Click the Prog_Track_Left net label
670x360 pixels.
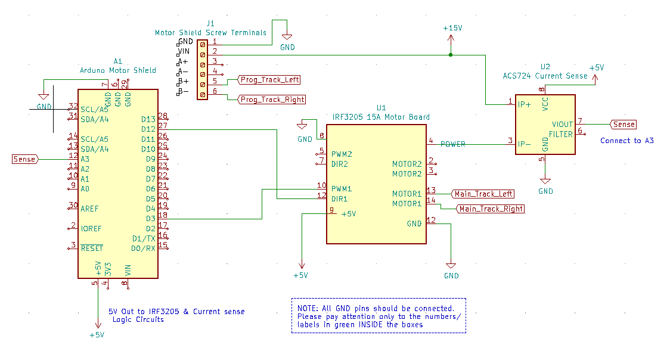click(269, 80)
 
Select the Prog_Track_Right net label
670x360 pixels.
click(272, 100)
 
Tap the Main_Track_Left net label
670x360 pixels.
click(483, 194)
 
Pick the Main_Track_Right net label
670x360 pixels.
click(491, 209)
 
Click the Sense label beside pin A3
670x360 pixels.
click(24, 159)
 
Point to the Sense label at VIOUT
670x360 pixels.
click(624, 124)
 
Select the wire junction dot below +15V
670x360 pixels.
click(451, 55)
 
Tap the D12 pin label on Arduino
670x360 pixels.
click(148, 129)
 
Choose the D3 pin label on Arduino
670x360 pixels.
click(150, 219)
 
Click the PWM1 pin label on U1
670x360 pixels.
click(342, 188)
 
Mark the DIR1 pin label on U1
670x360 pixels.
click(340, 198)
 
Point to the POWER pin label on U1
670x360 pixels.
click(453, 144)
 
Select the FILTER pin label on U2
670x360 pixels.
click(560, 134)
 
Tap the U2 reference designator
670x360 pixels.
click(545, 66)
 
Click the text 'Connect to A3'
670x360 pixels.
click(627, 141)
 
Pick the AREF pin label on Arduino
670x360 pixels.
click(89, 209)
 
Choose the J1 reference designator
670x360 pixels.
click(210, 23)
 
